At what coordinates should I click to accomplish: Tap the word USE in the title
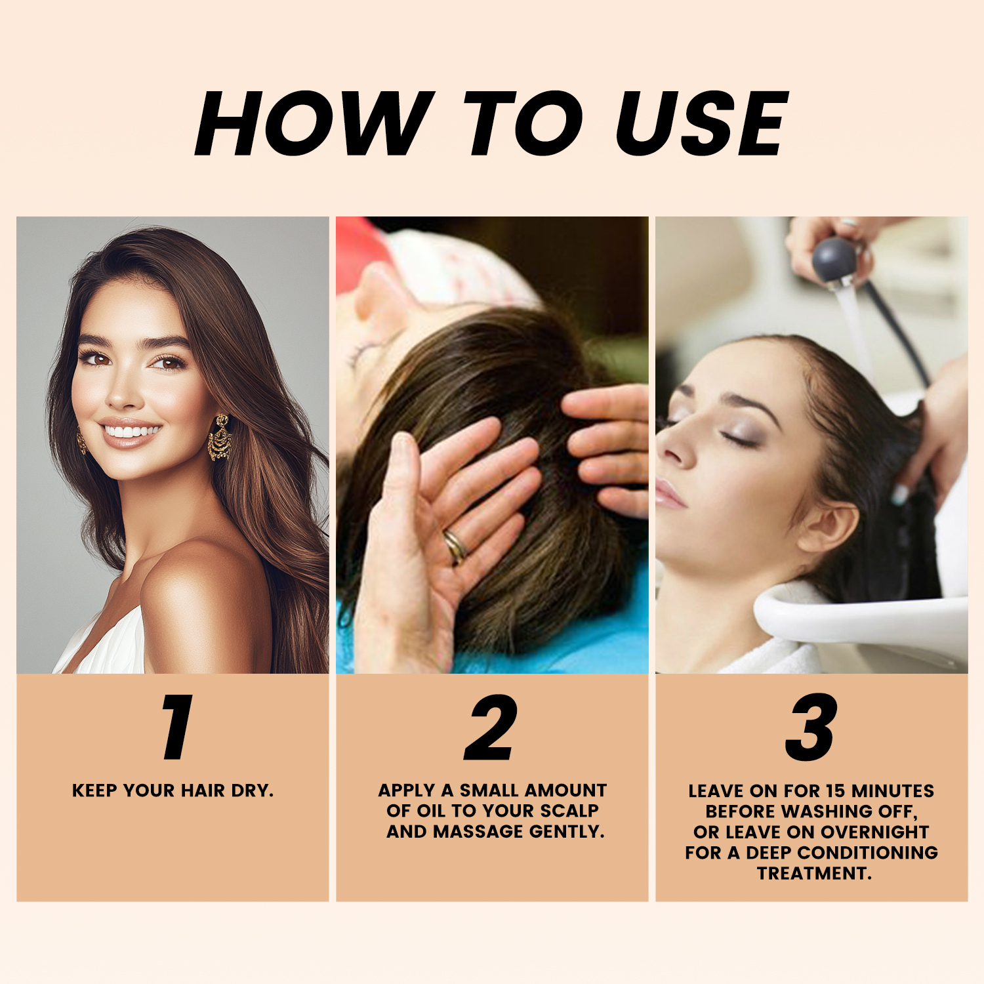point(702,123)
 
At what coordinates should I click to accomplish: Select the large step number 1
point(177,727)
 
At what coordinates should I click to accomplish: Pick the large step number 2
point(491,727)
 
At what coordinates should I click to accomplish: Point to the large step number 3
point(811,727)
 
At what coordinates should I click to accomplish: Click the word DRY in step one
point(253,790)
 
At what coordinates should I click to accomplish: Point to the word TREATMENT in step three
point(814,874)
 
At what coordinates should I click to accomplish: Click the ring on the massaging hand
point(455,547)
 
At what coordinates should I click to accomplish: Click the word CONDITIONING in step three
point(867,853)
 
